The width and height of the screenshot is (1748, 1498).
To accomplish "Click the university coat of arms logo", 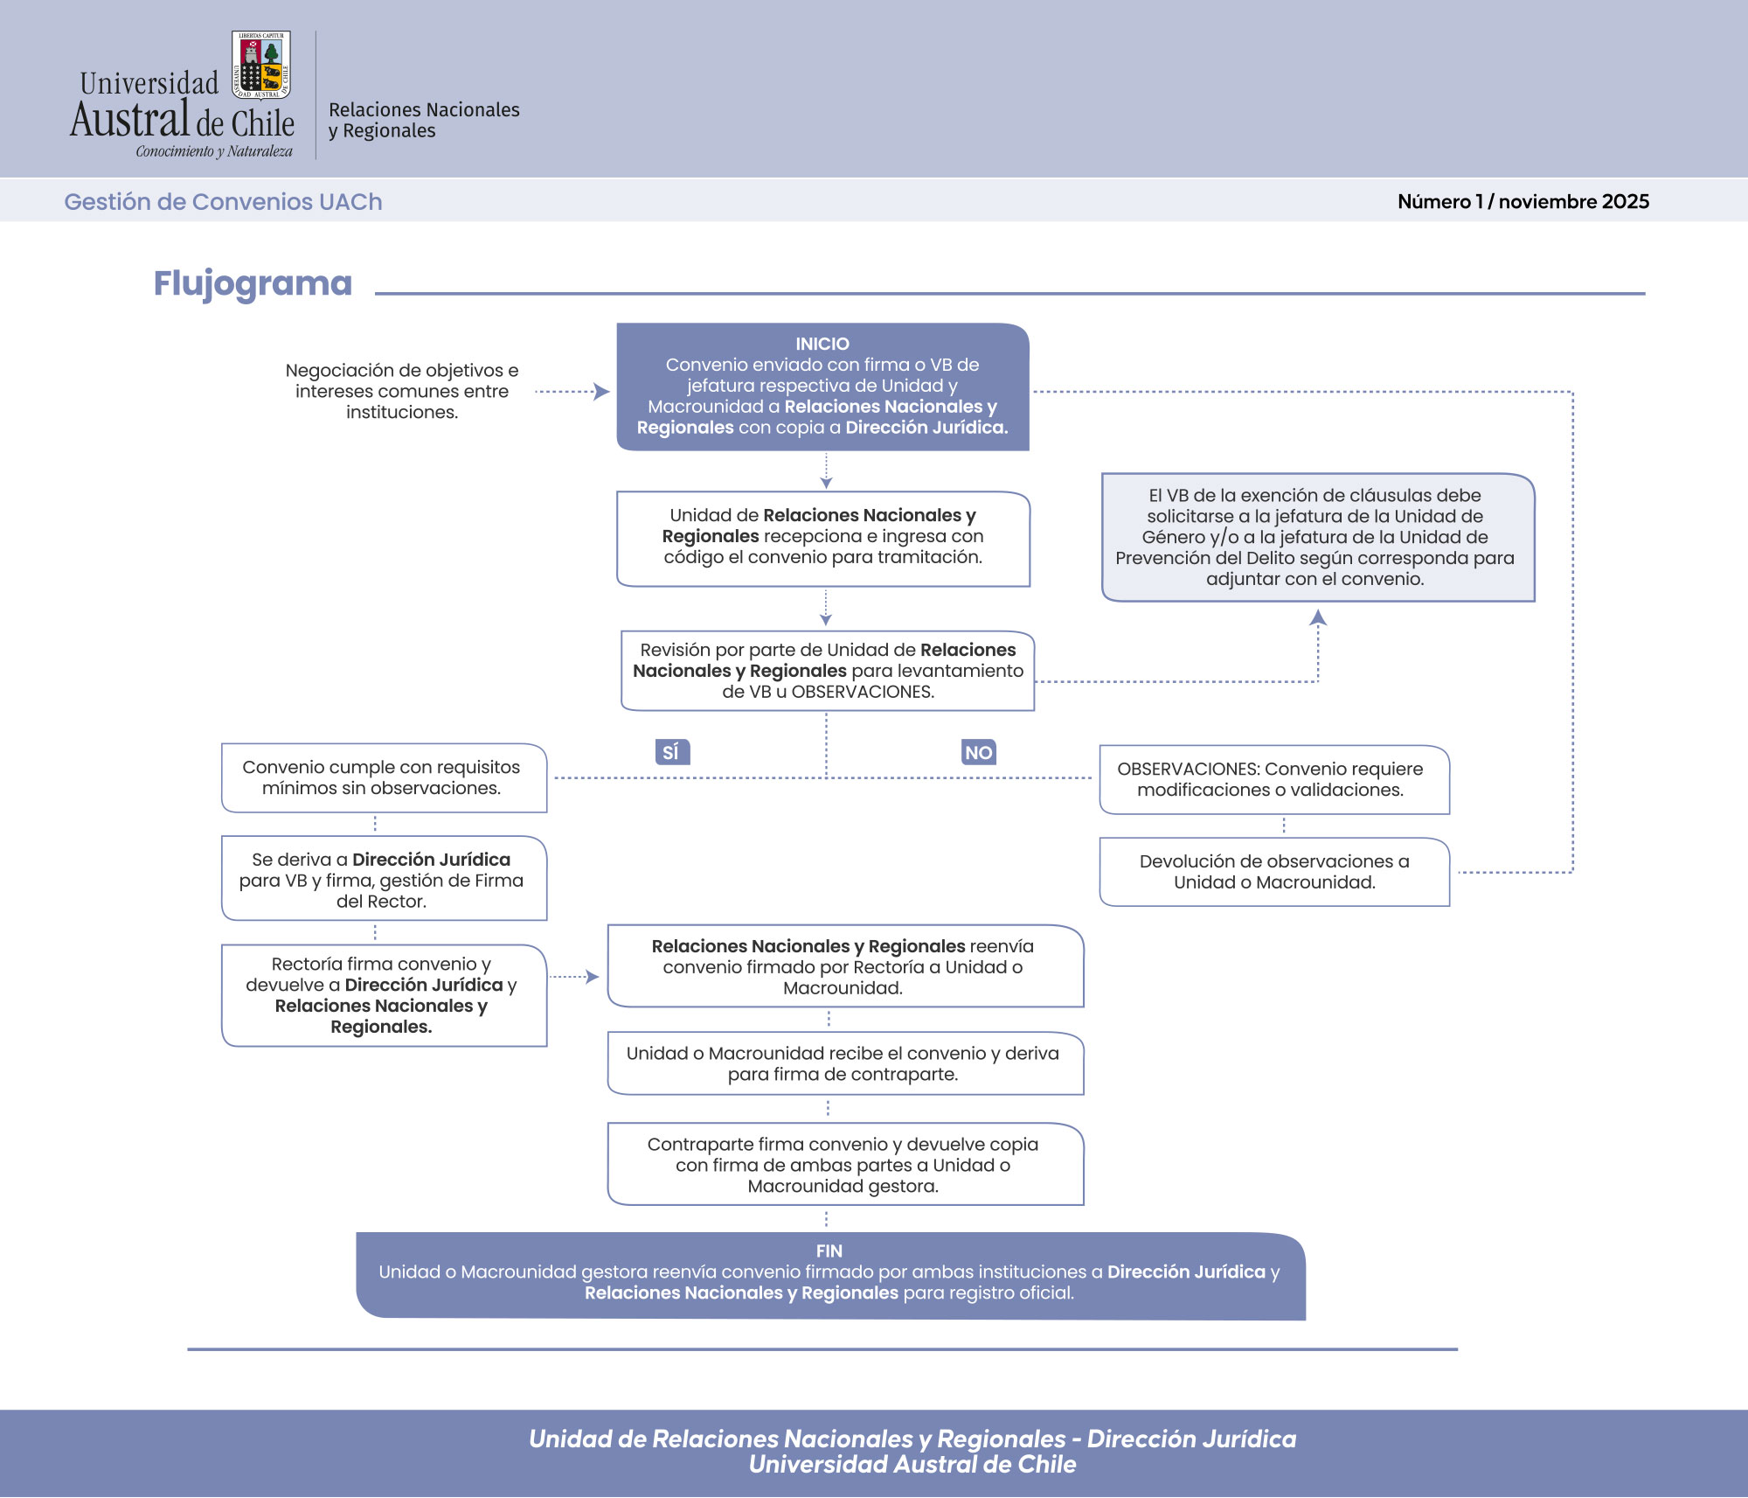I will [x=261, y=66].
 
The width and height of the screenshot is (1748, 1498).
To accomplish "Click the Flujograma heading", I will [x=253, y=283].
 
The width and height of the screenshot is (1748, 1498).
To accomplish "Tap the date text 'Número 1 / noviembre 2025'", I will [x=1523, y=201].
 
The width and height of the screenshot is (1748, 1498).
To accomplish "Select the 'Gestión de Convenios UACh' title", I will [x=223, y=201].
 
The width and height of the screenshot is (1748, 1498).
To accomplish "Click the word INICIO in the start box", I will [x=822, y=344].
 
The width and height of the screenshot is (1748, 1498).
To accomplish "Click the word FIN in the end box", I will [x=829, y=1251].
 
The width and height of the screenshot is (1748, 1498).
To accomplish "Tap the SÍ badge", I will [x=671, y=752].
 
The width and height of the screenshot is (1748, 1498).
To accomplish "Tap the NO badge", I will [x=978, y=752].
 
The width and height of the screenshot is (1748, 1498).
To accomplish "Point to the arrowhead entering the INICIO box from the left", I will [x=601, y=392].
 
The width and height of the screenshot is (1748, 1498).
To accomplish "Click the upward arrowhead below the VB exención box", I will [x=1318, y=618].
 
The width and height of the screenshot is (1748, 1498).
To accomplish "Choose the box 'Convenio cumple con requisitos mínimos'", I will [x=384, y=777].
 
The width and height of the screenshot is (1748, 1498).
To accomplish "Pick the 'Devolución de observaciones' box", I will [x=1274, y=872].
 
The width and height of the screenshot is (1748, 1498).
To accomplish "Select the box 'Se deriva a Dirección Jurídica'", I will [x=384, y=879].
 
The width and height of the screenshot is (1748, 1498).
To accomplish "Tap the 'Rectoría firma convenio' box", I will [x=384, y=995].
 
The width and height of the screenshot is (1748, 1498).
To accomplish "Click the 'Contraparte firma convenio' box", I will [x=844, y=1165].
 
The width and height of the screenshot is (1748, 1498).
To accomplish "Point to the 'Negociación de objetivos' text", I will [x=402, y=391].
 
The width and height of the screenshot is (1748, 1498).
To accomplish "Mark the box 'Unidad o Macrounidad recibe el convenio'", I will [x=844, y=1063].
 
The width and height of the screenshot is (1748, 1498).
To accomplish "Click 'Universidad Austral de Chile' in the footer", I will [x=912, y=1465].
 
